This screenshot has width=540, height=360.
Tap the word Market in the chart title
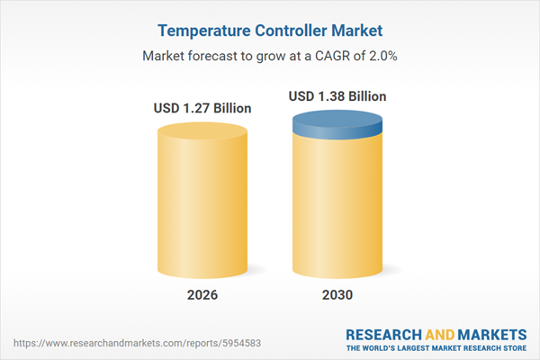358,30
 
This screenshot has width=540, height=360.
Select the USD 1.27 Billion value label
202,109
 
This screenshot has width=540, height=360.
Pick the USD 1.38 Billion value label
338,95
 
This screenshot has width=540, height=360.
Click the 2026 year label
202,296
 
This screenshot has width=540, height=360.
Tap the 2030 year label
338,296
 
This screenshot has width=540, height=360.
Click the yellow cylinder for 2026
202,207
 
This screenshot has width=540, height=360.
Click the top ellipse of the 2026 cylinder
202,132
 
